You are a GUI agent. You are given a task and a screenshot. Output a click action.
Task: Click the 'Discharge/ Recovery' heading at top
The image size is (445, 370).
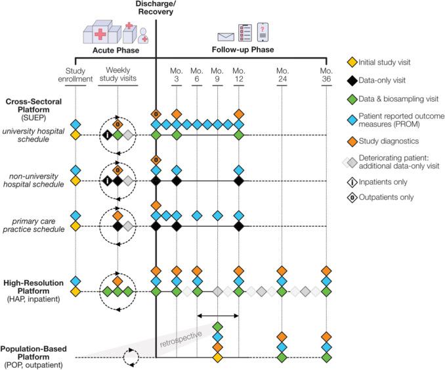pos(155,9)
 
